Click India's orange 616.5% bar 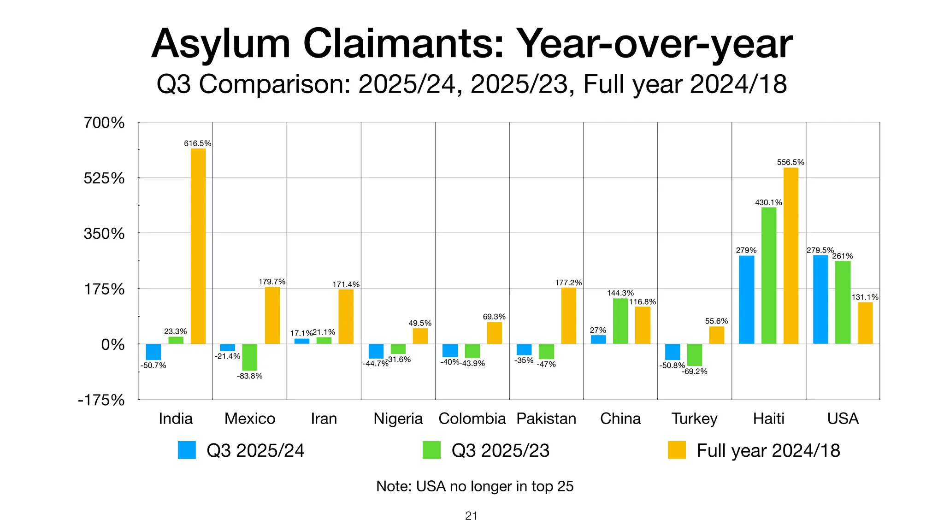[x=198, y=246]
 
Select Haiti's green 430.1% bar [x=768, y=276]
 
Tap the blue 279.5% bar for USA [x=820, y=300]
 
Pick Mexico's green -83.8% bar [x=249, y=357]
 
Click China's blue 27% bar [x=598, y=339]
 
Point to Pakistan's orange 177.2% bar [x=568, y=316]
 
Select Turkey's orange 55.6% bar [x=716, y=335]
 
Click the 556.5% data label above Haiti [x=791, y=162]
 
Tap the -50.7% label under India [x=153, y=366]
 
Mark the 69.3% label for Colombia [x=494, y=317]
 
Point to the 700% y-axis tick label [x=104, y=123]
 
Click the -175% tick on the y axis [x=101, y=400]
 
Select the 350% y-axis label [x=104, y=234]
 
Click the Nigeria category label [x=398, y=419]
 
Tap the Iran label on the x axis [x=324, y=419]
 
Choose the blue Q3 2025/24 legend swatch [x=187, y=450]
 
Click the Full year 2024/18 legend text [x=768, y=450]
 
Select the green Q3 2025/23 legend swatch [x=431, y=450]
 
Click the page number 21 [x=471, y=516]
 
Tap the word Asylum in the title [x=221, y=45]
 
